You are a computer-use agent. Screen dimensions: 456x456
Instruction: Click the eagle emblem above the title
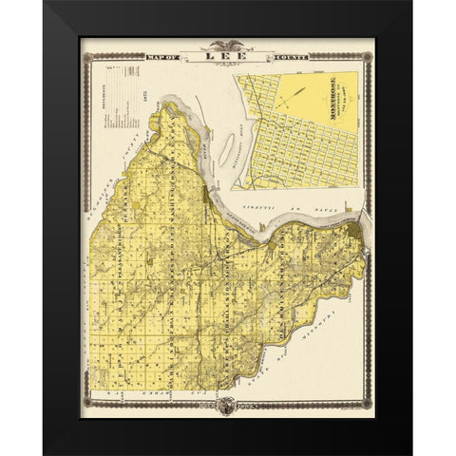click(229, 46)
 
